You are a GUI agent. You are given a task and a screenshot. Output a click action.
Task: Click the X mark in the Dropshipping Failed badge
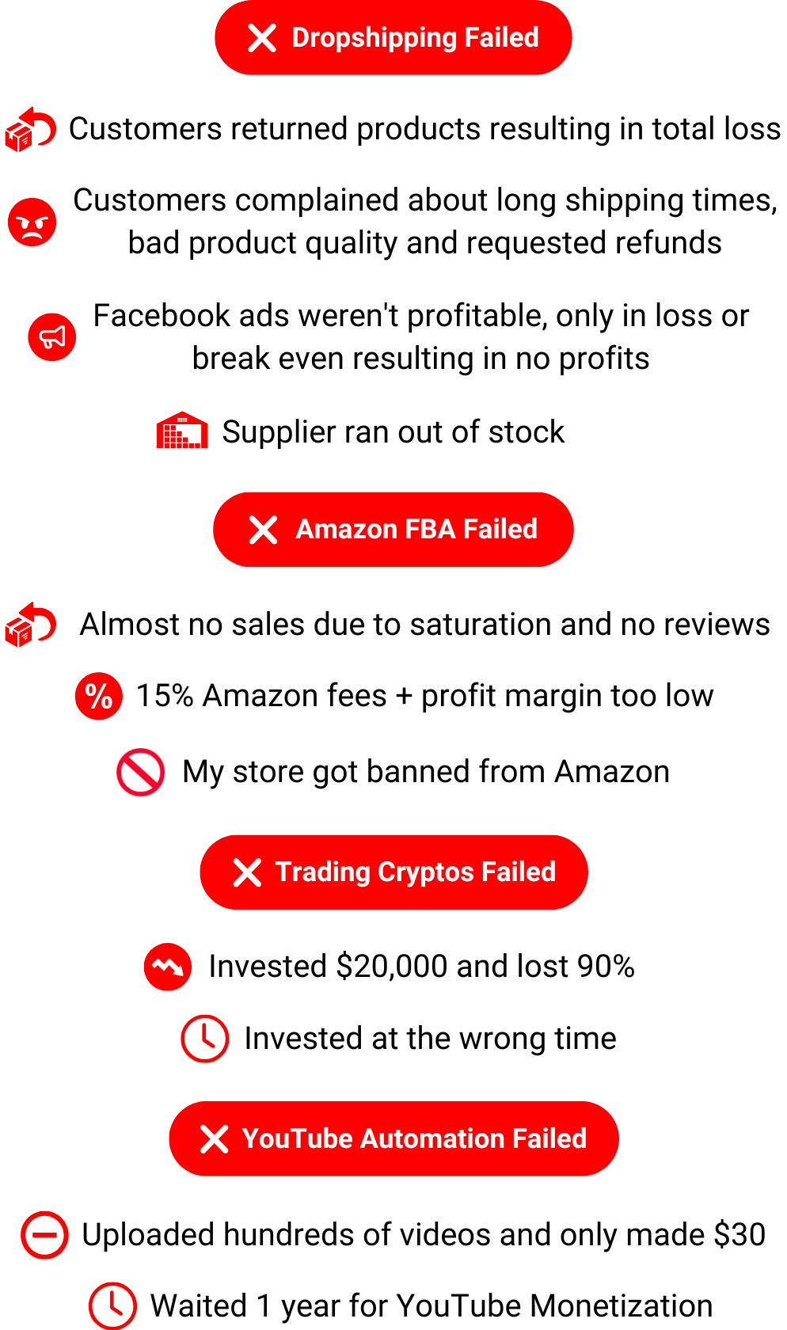coord(262,38)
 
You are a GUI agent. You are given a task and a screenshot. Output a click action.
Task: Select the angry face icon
coord(32,222)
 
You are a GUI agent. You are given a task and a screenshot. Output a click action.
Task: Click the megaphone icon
coord(52,337)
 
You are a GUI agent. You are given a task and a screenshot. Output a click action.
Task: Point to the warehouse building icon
coord(182,431)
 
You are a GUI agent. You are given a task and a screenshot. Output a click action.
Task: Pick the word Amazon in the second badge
coord(347,529)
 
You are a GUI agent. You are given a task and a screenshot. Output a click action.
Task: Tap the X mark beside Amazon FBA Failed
coord(263,530)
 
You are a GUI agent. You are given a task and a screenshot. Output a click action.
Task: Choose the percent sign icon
coord(99,697)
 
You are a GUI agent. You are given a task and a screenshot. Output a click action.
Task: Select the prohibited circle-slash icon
coord(141,773)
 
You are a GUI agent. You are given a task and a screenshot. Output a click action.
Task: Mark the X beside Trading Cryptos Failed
coord(247,872)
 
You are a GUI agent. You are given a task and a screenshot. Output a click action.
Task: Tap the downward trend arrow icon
coord(168,967)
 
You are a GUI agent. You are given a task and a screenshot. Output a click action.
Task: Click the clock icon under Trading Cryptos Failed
coord(205,1039)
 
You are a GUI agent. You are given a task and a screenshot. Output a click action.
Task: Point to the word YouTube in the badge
coord(297,1138)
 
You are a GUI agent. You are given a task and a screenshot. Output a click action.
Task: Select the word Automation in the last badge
coord(433,1138)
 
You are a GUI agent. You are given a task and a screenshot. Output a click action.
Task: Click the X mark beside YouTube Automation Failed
coord(215,1139)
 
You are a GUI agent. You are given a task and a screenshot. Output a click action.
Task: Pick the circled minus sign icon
coord(45,1235)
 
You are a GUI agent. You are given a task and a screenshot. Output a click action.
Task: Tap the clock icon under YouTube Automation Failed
coord(112,1305)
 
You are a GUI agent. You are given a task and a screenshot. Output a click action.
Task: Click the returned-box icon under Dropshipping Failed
coord(31,130)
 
